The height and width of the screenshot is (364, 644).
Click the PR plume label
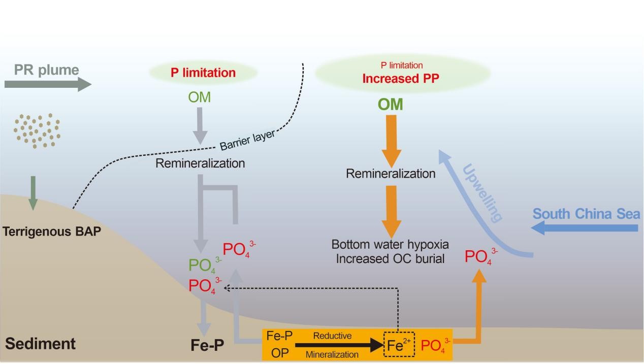pos(47,70)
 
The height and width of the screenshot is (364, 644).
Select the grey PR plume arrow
pos(48,84)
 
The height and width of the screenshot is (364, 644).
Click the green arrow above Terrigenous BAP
pos(33,192)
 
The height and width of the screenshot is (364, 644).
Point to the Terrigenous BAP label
pos(52,231)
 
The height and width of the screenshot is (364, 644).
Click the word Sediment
pos(41,344)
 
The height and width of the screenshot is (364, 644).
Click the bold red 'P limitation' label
pos(203,73)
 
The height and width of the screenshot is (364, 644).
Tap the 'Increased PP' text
pos(401,79)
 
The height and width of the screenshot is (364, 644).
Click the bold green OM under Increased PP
pos(391,105)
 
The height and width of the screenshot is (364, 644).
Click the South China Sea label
pos(586,214)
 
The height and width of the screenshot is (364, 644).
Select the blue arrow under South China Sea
pos(584,228)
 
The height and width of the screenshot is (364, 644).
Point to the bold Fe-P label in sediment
pos(207,346)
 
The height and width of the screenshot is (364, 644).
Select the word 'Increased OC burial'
pos(391,258)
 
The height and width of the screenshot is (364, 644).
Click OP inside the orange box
pos(279,353)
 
